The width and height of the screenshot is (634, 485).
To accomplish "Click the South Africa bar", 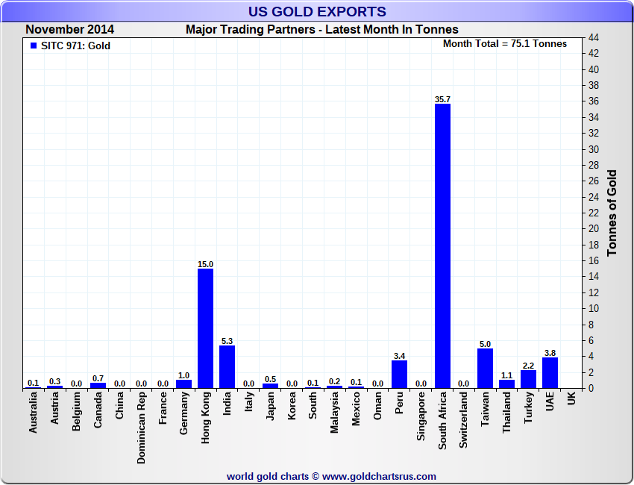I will [x=442, y=246].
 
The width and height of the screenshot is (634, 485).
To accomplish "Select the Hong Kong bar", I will [x=205, y=328].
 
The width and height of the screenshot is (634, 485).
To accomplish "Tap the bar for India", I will [x=227, y=366].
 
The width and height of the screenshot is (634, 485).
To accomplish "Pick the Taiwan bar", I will [x=486, y=368].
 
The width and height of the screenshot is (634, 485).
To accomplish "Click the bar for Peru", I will [x=399, y=374].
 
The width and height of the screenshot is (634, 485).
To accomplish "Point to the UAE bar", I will [x=550, y=372].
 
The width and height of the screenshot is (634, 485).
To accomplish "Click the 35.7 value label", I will [x=442, y=99].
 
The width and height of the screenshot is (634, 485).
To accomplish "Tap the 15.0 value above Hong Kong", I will [x=205, y=264].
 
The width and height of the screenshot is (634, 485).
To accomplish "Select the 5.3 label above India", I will [x=227, y=341].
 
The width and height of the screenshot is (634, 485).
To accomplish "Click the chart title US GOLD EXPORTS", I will [x=317, y=11].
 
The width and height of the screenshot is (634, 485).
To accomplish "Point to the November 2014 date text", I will [x=70, y=30].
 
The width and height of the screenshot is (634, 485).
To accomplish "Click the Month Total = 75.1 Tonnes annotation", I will [x=504, y=43].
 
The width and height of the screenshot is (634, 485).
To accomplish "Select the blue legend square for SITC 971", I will [x=33, y=46].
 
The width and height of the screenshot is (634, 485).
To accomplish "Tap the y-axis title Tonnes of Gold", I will [x=612, y=213].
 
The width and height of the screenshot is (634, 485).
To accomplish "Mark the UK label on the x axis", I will [x=571, y=400].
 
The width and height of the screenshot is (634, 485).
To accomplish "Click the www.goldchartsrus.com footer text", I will [x=331, y=476].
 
